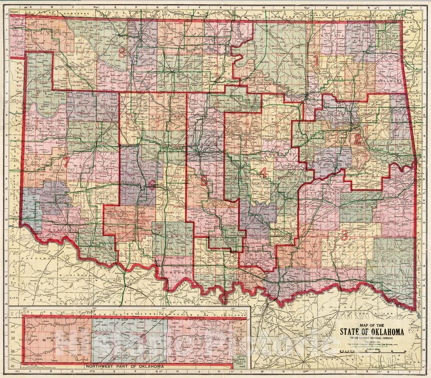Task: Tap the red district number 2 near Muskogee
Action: pyautogui.click(x=357, y=139)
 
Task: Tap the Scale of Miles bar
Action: pyautogui.click(x=377, y=352)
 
